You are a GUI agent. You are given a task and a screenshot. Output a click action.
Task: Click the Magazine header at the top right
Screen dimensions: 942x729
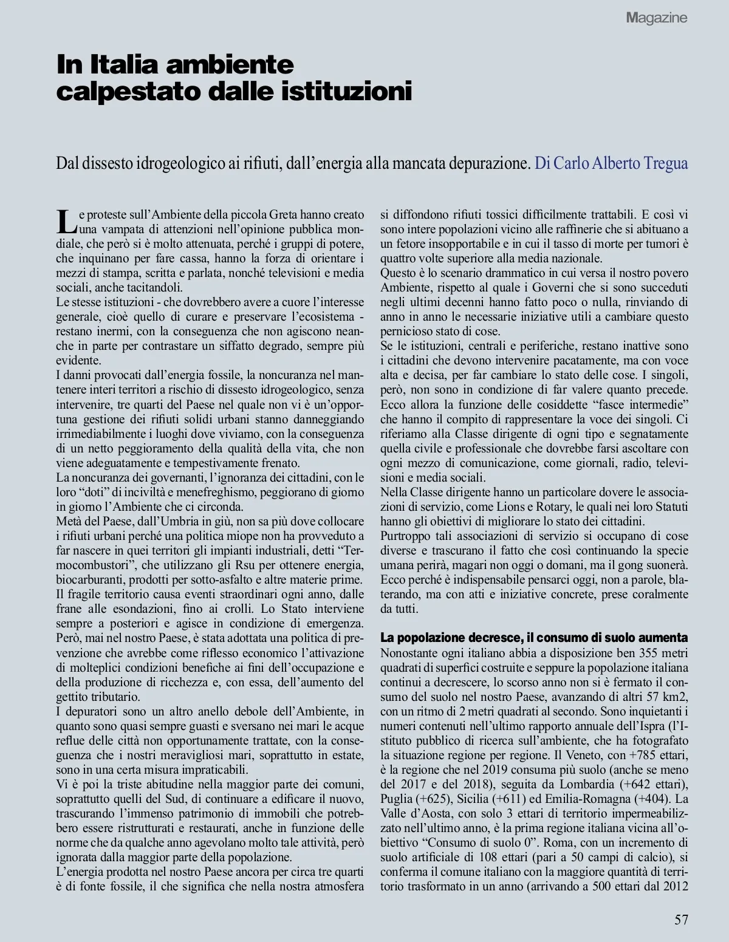[x=657, y=18]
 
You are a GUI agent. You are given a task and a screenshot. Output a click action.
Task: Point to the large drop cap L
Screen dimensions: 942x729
[x=66, y=221]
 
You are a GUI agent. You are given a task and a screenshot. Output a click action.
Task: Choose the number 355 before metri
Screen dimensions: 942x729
[x=650, y=653]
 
